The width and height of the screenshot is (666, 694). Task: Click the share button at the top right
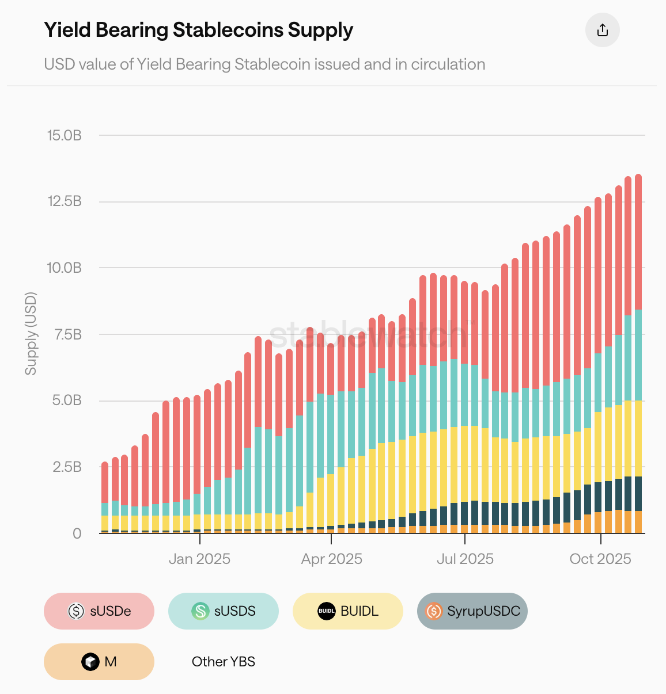click(602, 30)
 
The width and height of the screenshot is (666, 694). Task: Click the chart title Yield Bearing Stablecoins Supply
click(198, 30)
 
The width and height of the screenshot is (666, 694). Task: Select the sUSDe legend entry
click(99, 611)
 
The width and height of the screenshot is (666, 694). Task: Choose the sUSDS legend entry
click(224, 611)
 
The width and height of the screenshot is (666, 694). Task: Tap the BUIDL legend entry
click(348, 611)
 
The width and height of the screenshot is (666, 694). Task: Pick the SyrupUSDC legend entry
click(472, 611)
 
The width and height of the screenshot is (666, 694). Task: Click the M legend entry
click(99, 662)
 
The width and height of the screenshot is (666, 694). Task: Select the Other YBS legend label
click(224, 662)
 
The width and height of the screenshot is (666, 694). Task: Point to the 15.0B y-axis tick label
click(65, 135)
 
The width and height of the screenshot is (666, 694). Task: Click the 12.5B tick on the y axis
click(65, 201)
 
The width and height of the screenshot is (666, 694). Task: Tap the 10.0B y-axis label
click(65, 268)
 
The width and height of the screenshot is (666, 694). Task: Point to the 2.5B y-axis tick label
click(67, 467)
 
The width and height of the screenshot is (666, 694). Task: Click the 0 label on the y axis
click(77, 533)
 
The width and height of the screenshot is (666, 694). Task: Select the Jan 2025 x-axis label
click(199, 559)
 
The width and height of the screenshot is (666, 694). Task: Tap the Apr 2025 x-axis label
click(332, 559)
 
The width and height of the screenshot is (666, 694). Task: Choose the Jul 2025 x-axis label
click(465, 559)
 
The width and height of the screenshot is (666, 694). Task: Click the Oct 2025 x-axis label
click(600, 559)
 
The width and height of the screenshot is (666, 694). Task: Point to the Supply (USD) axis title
click(31, 334)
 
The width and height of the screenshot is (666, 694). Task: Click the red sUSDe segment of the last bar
click(638, 242)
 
